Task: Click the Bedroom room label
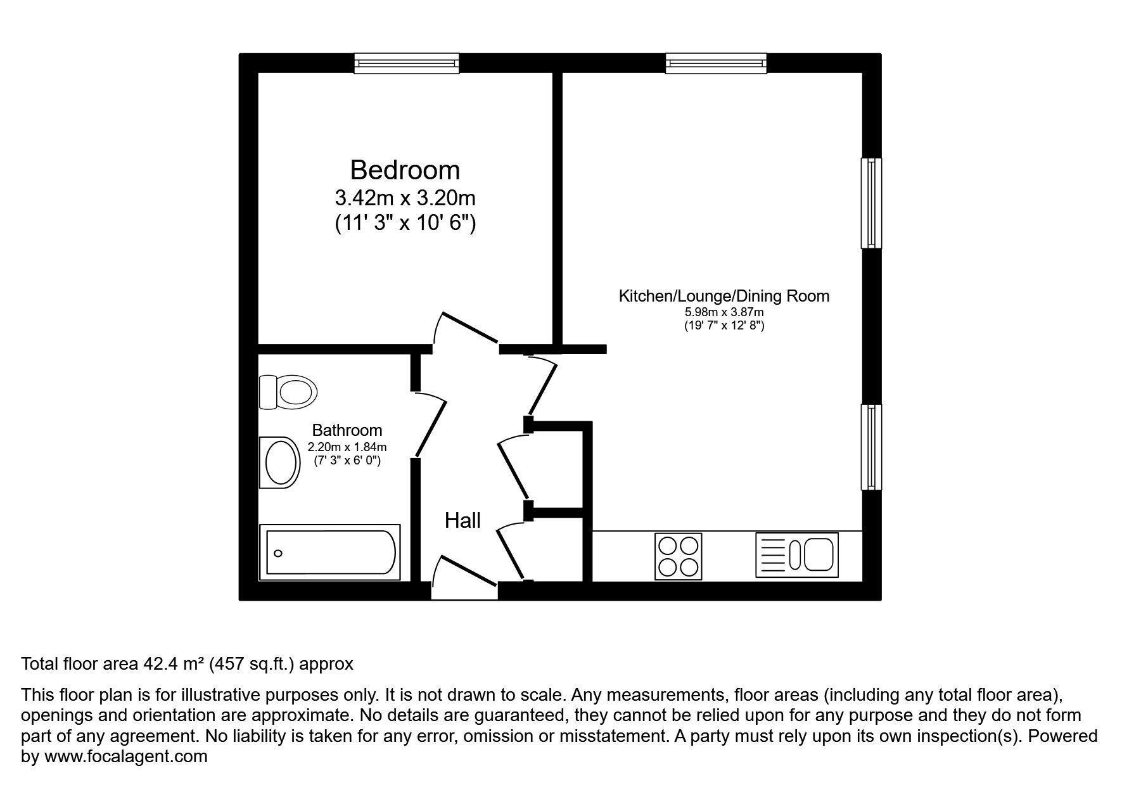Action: pyautogui.click(x=405, y=170)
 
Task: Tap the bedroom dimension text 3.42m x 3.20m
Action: pyautogui.click(x=405, y=198)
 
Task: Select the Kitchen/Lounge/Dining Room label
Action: pyautogui.click(x=724, y=296)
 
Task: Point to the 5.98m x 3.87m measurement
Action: pyautogui.click(x=724, y=312)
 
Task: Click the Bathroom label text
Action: pyautogui.click(x=347, y=430)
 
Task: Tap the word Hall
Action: pyautogui.click(x=462, y=521)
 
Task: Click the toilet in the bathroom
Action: pyautogui.click(x=288, y=392)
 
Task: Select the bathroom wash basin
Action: pyautogui.click(x=279, y=463)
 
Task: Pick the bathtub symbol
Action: pyautogui.click(x=330, y=552)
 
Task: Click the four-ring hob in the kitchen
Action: pyautogui.click(x=678, y=556)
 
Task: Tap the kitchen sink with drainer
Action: pyautogui.click(x=797, y=554)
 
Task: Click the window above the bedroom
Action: pyautogui.click(x=406, y=63)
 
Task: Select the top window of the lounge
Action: pyautogui.click(x=716, y=63)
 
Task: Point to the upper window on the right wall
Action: pyautogui.click(x=871, y=203)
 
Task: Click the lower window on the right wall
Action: pyautogui.click(x=871, y=447)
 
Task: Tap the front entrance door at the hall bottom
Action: pyautogui.click(x=465, y=573)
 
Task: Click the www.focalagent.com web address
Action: pyautogui.click(x=125, y=756)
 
